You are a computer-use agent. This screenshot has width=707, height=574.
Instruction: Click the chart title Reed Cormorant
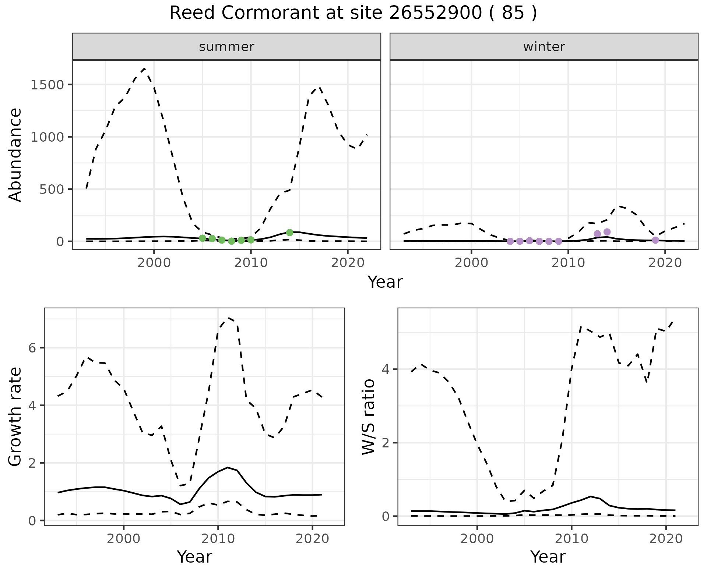tap(353, 14)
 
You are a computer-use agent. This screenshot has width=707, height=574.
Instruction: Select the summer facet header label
tap(226, 47)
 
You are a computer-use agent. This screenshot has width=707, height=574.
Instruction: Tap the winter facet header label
tap(544, 47)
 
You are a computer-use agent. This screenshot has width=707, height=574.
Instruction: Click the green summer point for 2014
tap(289, 233)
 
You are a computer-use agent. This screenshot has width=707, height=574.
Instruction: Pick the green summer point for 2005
tap(203, 238)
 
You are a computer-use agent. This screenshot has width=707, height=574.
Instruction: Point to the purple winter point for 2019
tap(655, 240)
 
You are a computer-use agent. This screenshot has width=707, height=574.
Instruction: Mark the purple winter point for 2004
tap(510, 241)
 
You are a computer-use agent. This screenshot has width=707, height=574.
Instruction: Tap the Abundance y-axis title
tap(15, 155)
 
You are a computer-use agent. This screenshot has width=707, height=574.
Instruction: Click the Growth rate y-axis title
tap(15, 417)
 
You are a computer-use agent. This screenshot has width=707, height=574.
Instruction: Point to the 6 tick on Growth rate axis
tap(33, 348)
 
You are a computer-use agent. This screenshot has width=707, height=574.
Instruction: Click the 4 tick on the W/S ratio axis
tap(386, 369)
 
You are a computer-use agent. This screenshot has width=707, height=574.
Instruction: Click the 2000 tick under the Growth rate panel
tap(124, 539)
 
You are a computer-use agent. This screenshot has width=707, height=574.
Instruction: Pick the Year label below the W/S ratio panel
tap(548, 557)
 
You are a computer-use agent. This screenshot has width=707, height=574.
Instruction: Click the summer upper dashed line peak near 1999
tap(144, 68)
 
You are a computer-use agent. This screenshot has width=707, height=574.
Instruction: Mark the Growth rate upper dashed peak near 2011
tap(228, 318)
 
